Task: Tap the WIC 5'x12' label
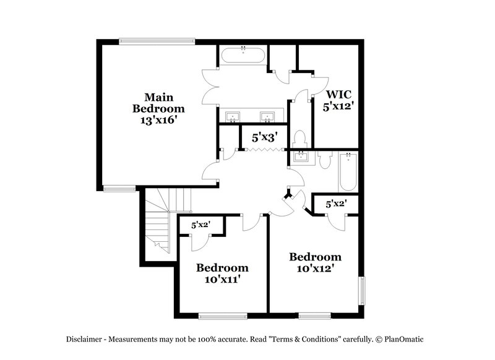point(338,100)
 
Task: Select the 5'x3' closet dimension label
point(264,138)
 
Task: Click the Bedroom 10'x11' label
point(222,273)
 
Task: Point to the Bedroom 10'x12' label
point(315,262)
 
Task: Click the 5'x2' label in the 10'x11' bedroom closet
point(201,226)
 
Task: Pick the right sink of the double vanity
point(267,117)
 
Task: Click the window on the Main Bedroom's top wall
point(157,41)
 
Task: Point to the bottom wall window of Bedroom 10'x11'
point(218,316)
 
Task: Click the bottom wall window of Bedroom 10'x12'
point(314,316)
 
